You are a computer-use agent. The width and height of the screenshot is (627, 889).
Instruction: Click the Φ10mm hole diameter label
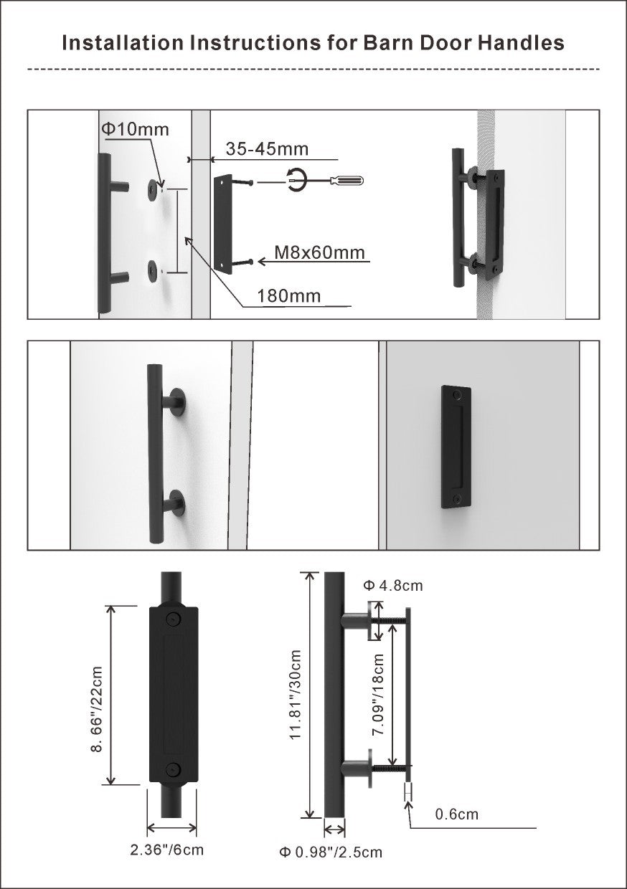(134, 130)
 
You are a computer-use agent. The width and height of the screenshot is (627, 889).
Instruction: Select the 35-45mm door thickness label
(267, 149)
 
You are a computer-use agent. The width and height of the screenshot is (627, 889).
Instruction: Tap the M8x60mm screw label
(319, 253)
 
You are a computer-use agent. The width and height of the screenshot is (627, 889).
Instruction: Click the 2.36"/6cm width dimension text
(167, 850)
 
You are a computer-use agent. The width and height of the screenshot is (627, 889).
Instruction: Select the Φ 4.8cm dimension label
(393, 586)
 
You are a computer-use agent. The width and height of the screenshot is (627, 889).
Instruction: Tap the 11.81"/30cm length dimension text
(295, 695)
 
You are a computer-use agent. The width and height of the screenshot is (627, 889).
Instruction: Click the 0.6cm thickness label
(456, 814)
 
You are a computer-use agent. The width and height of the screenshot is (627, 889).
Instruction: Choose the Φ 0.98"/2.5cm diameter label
(331, 852)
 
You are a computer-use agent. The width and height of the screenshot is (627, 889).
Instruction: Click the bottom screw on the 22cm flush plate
(172, 770)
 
